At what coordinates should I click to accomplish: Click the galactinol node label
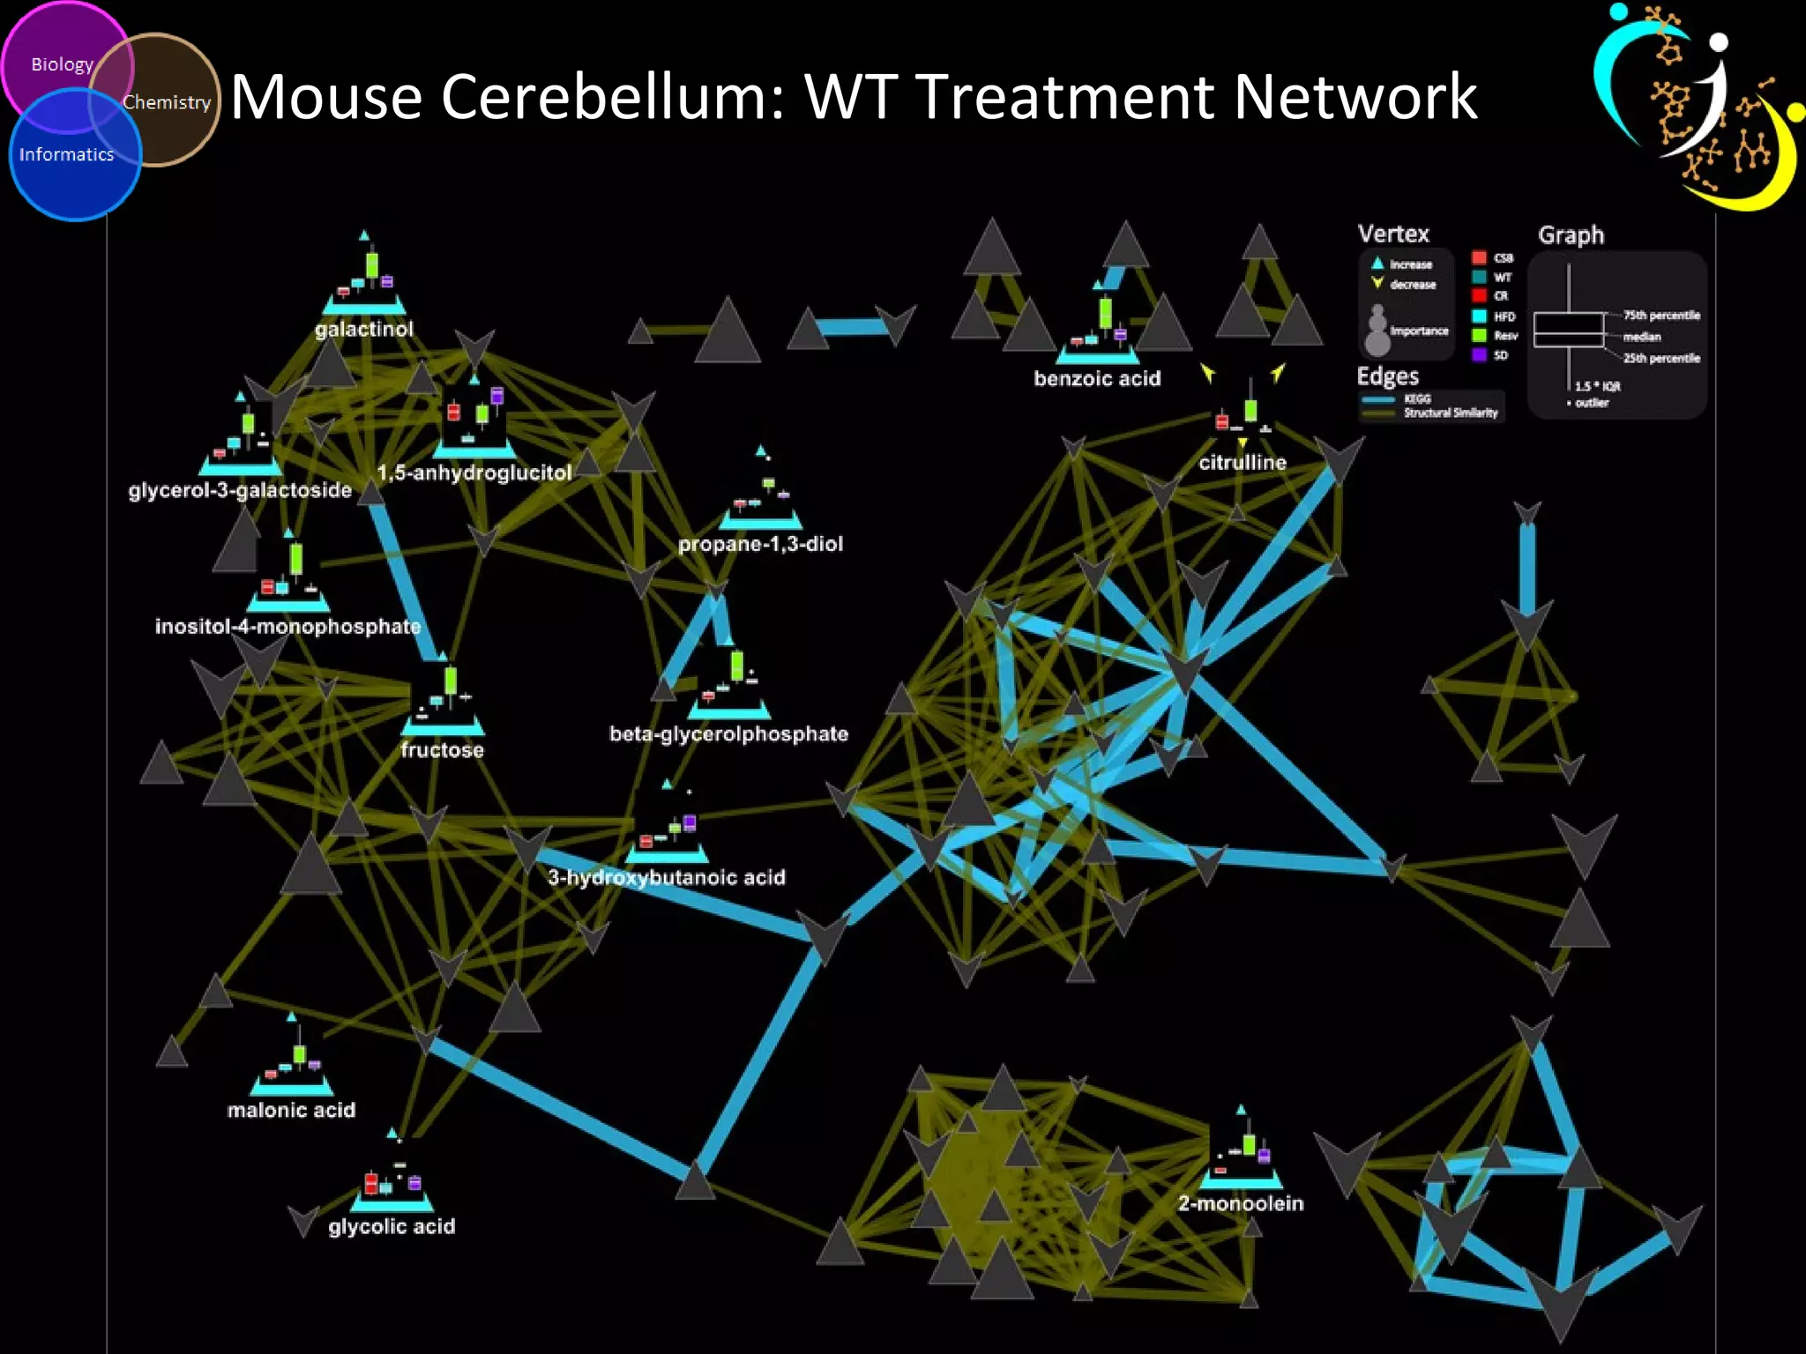(364, 329)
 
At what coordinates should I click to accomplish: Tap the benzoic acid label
(1097, 378)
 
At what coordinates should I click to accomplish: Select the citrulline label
(1243, 462)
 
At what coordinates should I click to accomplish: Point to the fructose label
(442, 750)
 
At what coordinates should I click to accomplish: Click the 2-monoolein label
(1241, 1203)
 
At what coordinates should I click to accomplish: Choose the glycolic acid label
(392, 1226)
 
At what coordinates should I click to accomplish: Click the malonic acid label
(291, 1110)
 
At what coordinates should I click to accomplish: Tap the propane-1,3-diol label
(760, 544)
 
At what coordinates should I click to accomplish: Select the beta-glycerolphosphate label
(728, 733)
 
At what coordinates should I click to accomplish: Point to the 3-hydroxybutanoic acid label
(667, 877)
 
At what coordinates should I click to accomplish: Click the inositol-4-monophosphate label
(287, 627)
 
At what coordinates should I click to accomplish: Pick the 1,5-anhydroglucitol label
(474, 472)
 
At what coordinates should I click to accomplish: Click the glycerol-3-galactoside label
(240, 490)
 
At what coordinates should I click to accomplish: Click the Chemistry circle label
(167, 102)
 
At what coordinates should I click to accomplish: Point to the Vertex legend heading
(1393, 234)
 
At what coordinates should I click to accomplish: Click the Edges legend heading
(1387, 376)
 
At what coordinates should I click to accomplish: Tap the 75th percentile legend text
(1661, 315)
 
